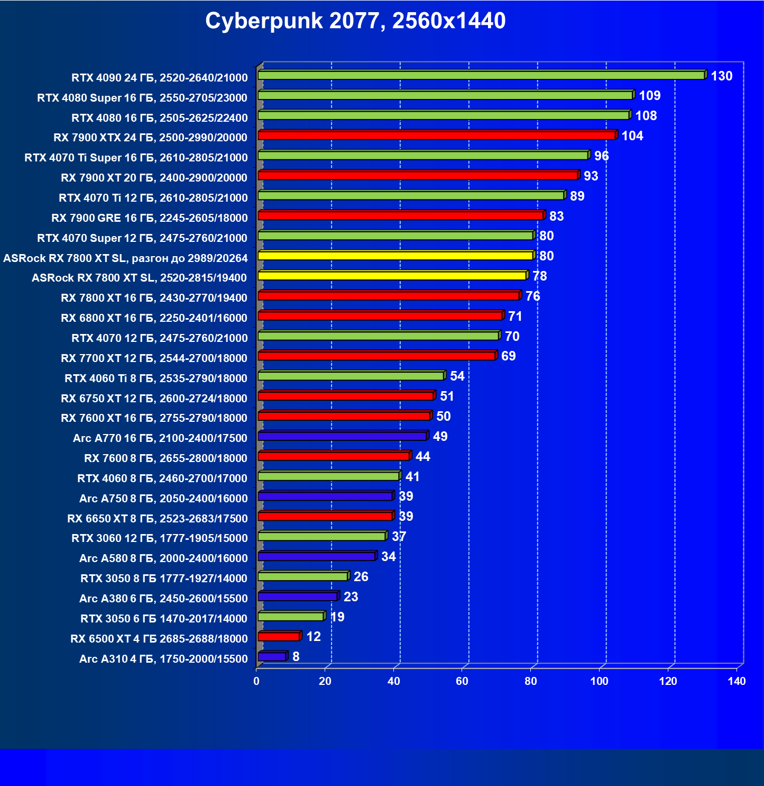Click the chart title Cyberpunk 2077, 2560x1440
click(x=355, y=21)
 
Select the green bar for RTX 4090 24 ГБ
click(x=481, y=75)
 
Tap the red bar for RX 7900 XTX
click(x=437, y=135)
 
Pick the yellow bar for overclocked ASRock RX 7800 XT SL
click(x=395, y=256)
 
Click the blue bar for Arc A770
click(x=342, y=436)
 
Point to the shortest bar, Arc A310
click(x=272, y=657)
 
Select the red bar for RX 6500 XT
click(x=279, y=637)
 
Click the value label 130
click(x=721, y=76)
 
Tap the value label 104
click(x=632, y=136)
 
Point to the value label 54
click(x=457, y=376)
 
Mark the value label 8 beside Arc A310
click(x=296, y=657)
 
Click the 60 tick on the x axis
click(x=462, y=681)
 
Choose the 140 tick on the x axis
click(x=737, y=681)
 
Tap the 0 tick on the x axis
click(x=256, y=681)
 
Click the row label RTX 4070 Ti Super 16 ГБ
click(x=136, y=158)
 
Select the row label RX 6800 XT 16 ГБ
click(x=154, y=318)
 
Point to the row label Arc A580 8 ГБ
click(x=163, y=558)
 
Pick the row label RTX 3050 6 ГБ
click(x=164, y=619)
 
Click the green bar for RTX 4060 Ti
click(x=351, y=376)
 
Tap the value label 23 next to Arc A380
click(x=351, y=597)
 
